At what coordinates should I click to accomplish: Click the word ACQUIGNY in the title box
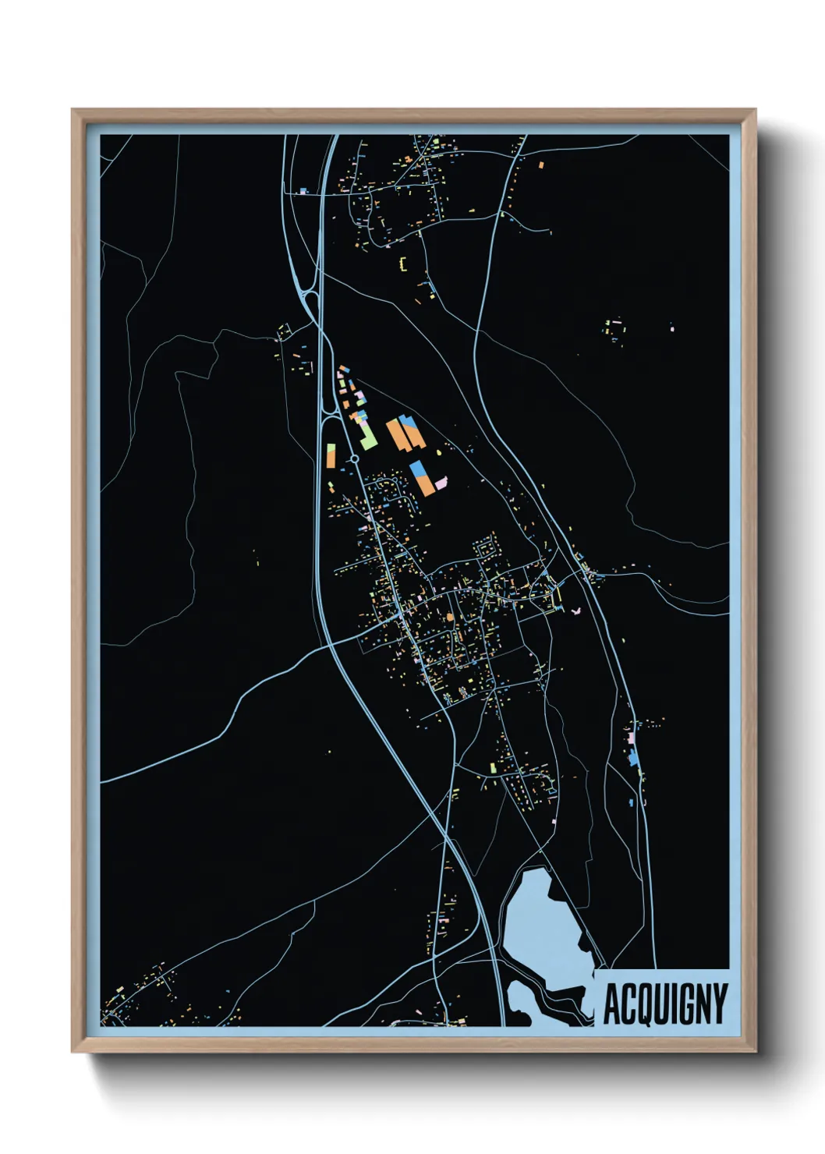[x=665, y=1004]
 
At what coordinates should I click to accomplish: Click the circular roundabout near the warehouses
[x=354, y=459]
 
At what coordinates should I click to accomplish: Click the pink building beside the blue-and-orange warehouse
[x=441, y=483]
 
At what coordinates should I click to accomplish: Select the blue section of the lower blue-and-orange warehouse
[x=419, y=469]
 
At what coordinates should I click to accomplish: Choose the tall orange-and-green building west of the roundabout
[x=331, y=455]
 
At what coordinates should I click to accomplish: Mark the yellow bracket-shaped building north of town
[x=403, y=264]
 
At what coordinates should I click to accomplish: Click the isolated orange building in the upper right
[x=541, y=165]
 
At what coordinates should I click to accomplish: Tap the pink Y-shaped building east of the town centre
[x=578, y=610]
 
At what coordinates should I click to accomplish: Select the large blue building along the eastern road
[x=634, y=757]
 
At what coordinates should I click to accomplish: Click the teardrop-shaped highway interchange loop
[x=311, y=300]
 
